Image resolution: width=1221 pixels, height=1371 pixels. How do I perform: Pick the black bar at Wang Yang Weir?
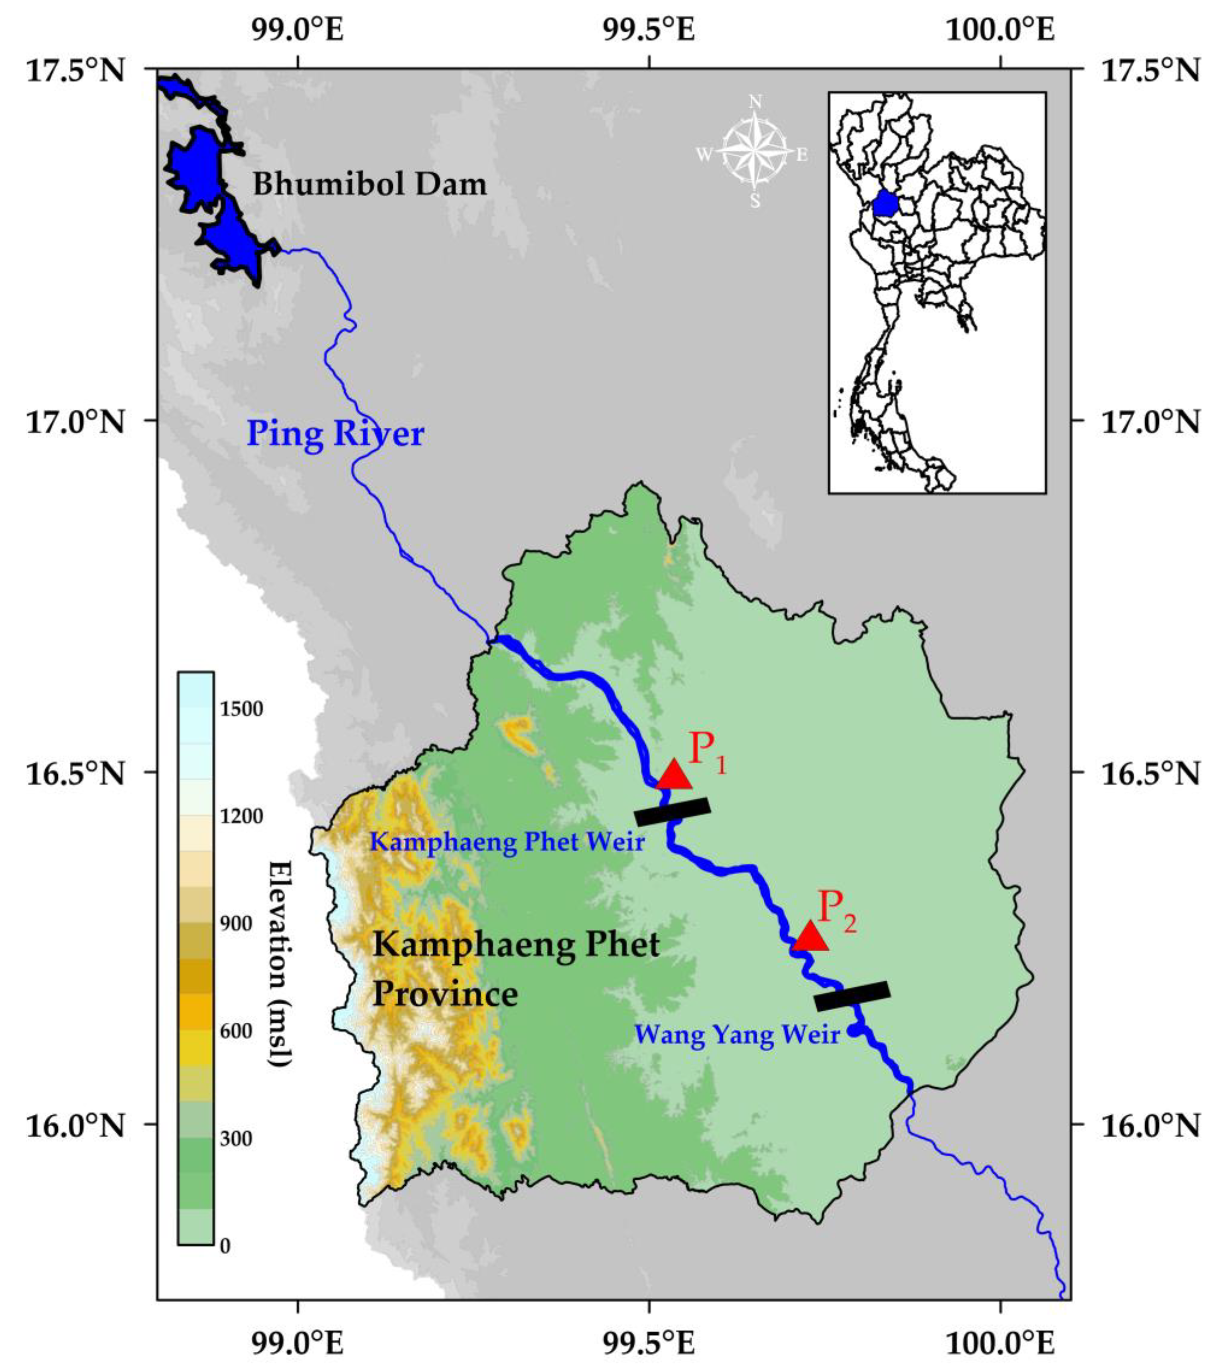[852, 996]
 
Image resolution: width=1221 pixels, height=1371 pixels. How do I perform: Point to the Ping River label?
[335, 433]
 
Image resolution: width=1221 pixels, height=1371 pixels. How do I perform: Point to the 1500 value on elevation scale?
[241, 709]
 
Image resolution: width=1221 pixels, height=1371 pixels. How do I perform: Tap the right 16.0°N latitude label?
[1148, 1125]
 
